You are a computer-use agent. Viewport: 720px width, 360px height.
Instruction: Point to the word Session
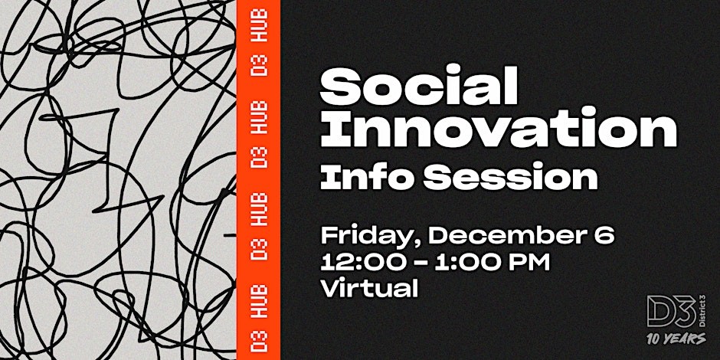point(510,178)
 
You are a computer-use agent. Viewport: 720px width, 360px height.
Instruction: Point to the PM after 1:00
point(529,263)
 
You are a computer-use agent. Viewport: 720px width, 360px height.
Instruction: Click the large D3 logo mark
point(671,311)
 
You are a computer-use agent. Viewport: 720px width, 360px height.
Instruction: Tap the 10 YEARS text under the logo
point(676,339)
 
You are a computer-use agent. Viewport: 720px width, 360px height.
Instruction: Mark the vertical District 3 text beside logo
point(702,311)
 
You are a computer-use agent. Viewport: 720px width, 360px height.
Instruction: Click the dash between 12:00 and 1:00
point(417,263)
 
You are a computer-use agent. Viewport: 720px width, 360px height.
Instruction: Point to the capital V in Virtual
point(332,289)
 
